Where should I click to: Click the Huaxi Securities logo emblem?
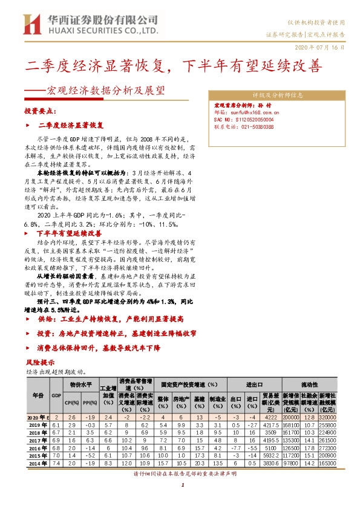coord(30,24)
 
